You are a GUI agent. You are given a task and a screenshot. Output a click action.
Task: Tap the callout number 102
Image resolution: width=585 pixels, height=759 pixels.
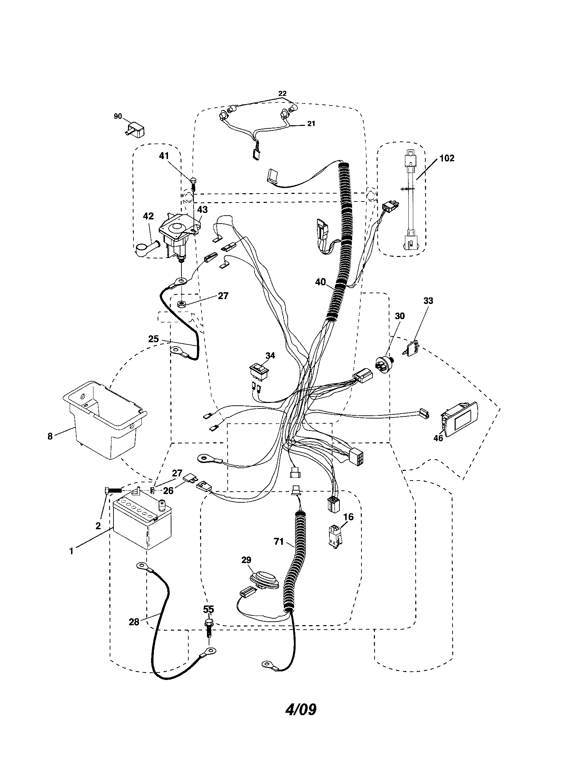pos(446,158)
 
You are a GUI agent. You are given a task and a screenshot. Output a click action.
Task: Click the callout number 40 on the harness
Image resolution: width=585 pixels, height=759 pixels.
pos(320,282)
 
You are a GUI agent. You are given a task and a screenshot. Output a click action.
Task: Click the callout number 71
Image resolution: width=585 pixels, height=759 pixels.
pos(279,541)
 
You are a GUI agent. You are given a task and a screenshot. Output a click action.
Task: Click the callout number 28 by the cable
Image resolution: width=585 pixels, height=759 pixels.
pos(134,622)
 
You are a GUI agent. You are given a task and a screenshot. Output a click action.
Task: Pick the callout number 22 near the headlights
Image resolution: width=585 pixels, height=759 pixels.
pos(282,93)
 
